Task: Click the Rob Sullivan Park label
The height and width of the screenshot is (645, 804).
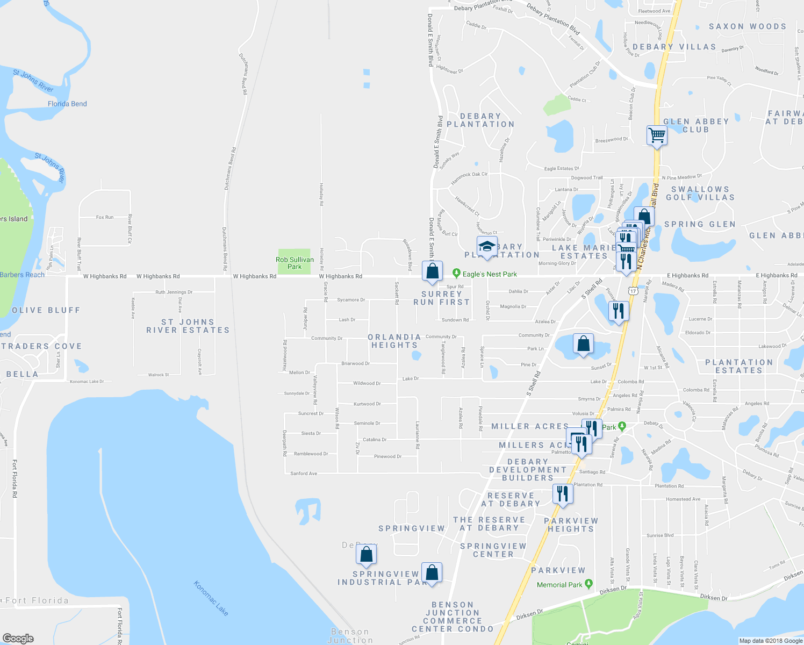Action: (x=295, y=263)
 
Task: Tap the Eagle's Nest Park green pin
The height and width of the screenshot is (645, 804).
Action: (x=456, y=274)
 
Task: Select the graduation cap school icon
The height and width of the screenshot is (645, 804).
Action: (x=486, y=246)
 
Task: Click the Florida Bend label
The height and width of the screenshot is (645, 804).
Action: (x=67, y=104)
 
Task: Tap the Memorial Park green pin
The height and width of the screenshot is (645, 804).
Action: (x=588, y=584)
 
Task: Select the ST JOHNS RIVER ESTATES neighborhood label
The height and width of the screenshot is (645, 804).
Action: (x=188, y=326)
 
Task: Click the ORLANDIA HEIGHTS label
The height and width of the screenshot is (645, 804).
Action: (x=394, y=341)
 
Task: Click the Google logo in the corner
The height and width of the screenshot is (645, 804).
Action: (x=18, y=639)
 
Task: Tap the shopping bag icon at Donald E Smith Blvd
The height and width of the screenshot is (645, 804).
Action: (x=432, y=271)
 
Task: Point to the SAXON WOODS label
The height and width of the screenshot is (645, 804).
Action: (x=748, y=26)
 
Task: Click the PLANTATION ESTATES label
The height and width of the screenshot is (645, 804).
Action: (x=739, y=367)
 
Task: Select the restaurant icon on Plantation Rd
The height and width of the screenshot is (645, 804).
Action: (x=562, y=493)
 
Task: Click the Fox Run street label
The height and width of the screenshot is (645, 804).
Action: (x=105, y=217)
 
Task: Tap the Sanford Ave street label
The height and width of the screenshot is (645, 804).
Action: (x=304, y=474)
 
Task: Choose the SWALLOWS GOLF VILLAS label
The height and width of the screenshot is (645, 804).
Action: (x=700, y=193)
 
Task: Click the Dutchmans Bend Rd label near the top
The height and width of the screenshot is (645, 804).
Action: (x=243, y=74)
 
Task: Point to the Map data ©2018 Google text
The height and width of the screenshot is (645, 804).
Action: (x=771, y=641)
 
